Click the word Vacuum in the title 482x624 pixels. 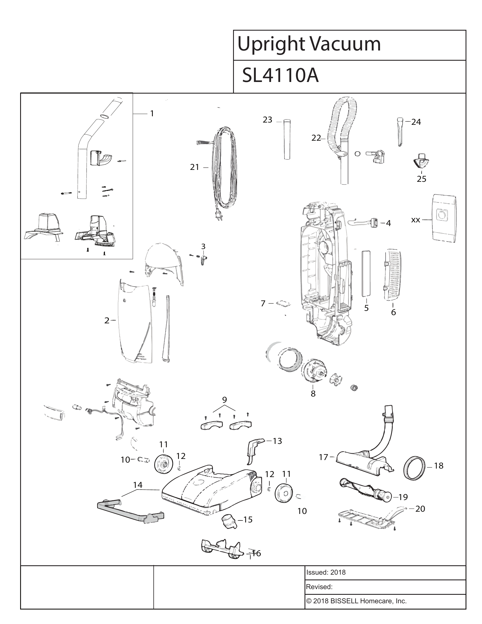tap(345, 44)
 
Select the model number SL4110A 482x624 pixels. tap(280, 76)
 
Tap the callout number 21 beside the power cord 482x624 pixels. tap(195, 167)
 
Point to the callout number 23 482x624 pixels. tap(268, 120)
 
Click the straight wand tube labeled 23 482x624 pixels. tap(287, 139)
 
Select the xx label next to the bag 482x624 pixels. tap(415, 220)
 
